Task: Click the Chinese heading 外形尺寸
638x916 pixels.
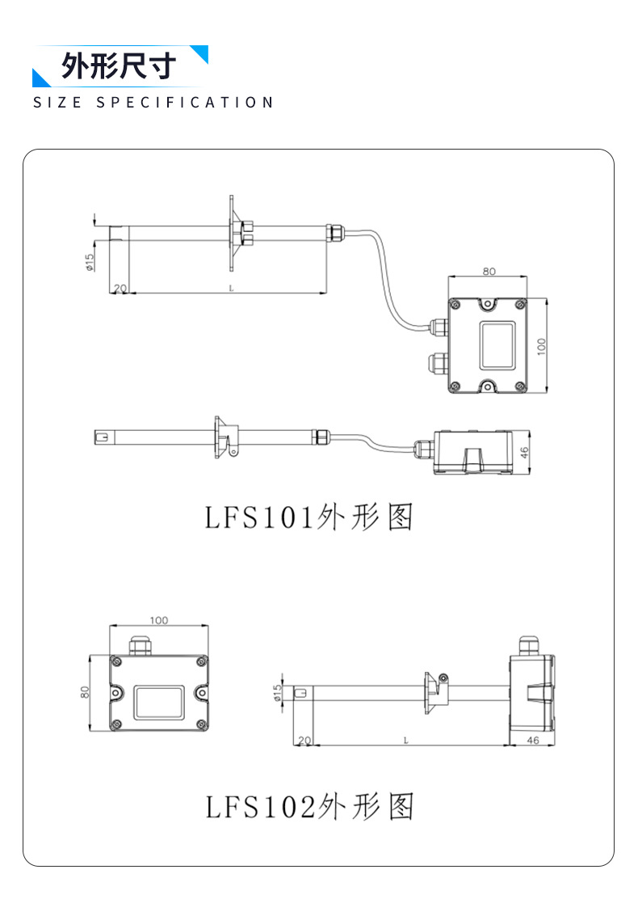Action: point(119,65)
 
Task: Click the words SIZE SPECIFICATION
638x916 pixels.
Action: point(153,103)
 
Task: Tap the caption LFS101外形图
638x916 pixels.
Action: point(309,517)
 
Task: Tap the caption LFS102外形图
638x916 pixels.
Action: point(309,807)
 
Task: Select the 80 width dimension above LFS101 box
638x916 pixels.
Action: point(489,271)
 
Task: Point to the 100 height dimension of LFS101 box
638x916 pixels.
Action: point(541,346)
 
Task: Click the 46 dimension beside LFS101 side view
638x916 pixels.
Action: point(524,453)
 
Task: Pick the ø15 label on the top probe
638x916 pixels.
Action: point(90,262)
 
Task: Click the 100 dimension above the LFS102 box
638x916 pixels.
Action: point(159,620)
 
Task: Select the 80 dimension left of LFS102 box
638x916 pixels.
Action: point(86,692)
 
